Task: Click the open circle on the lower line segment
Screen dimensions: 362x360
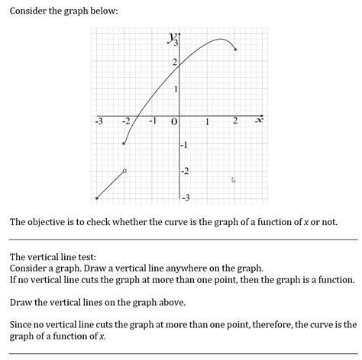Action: (124, 171)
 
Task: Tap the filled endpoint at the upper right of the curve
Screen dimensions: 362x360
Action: (235, 50)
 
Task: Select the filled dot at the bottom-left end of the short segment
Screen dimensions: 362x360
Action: (96, 198)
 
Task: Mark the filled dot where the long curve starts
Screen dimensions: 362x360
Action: (124, 143)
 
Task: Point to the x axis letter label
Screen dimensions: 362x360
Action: (258, 121)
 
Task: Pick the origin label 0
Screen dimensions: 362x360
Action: (175, 122)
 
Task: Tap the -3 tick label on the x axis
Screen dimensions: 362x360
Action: (98, 121)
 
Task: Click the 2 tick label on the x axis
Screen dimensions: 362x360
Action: (234, 121)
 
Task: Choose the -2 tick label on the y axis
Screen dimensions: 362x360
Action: (184, 172)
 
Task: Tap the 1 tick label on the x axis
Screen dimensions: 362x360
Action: (206, 122)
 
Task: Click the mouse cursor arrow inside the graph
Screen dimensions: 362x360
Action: (234, 181)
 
